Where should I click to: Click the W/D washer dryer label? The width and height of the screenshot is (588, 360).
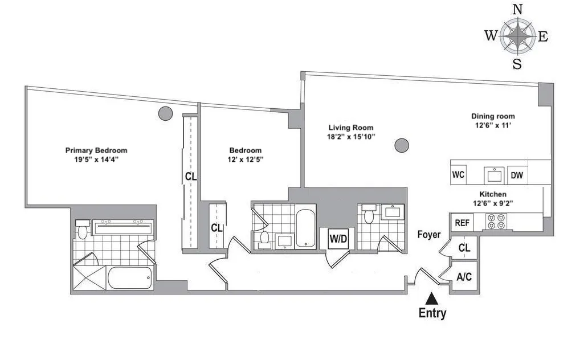(x=338, y=238)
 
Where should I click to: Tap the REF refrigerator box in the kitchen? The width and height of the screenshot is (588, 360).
(x=462, y=223)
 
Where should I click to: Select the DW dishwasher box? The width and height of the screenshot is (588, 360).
(x=517, y=175)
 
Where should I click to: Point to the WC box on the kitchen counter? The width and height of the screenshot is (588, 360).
(x=458, y=175)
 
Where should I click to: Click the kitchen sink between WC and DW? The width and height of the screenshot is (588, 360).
(x=491, y=174)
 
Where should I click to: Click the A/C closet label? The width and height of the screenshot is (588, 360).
(x=464, y=277)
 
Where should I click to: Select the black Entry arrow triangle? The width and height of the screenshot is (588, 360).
(x=432, y=298)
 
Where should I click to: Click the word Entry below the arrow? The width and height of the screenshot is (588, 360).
(x=432, y=313)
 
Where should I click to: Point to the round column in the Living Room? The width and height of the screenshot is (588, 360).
(x=402, y=145)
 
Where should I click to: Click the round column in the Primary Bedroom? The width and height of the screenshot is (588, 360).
(x=165, y=113)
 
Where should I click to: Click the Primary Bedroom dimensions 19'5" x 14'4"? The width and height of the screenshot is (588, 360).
(x=96, y=159)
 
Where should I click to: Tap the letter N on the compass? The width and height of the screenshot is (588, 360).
(x=517, y=9)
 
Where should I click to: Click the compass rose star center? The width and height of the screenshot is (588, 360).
(x=517, y=36)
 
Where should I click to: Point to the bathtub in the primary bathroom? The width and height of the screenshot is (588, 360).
(x=130, y=279)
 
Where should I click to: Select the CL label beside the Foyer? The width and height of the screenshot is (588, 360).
(x=464, y=248)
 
